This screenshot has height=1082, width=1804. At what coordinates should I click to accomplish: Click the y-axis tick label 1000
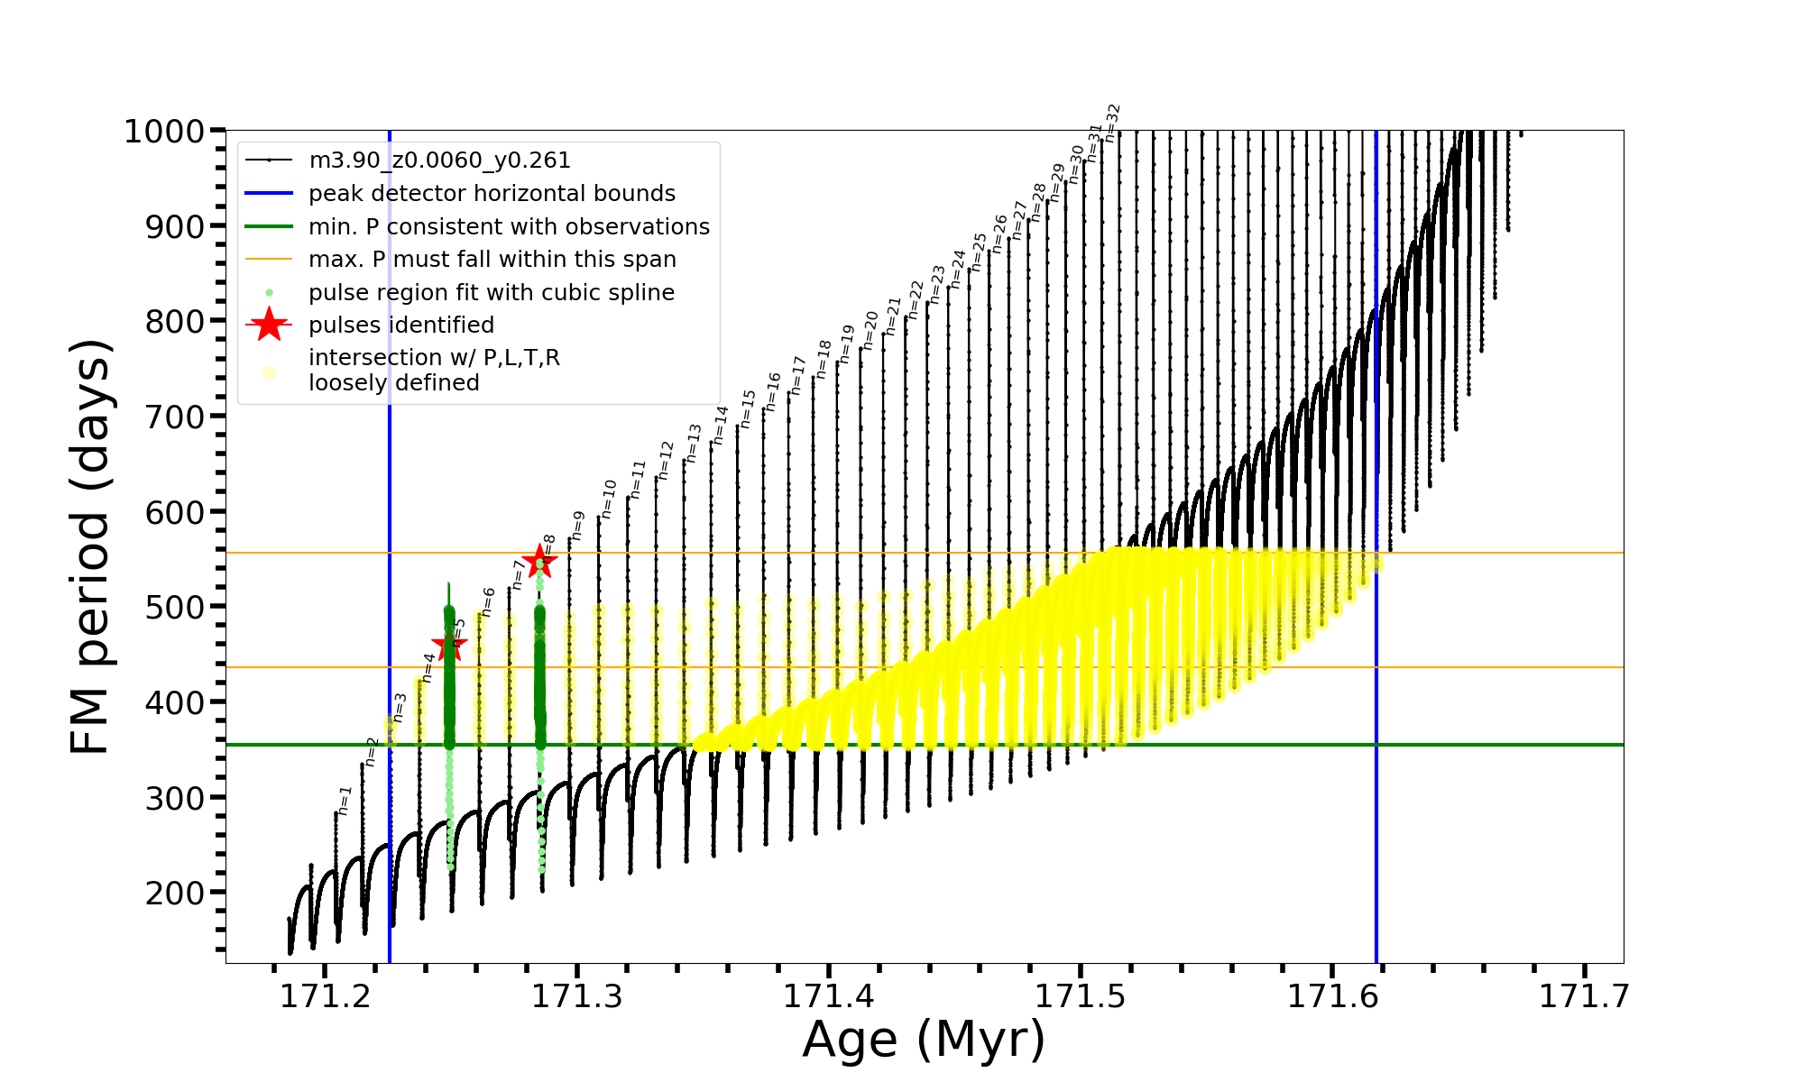(x=164, y=132)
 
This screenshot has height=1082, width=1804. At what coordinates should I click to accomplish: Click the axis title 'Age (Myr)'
(x=924, y=1040)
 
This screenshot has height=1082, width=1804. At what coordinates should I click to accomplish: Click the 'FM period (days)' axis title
(x=91, y=546)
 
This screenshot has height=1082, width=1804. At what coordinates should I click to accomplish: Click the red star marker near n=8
(x=539, y=562)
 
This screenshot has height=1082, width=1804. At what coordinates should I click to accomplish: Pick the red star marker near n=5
(x=449, y=645)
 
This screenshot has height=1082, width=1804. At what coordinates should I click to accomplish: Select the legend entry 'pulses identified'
(x=401, y=326)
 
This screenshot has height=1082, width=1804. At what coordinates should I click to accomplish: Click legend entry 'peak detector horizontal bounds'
(x=492, y=194)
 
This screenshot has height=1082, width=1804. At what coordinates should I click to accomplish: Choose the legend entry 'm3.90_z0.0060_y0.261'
(x=439, y=160)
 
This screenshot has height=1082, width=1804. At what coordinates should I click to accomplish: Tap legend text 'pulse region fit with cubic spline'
(x=492, y=293)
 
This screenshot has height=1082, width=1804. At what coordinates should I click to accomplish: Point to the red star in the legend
(x=269, y=325)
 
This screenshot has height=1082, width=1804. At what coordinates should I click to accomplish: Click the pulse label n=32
(x=1113, y=123)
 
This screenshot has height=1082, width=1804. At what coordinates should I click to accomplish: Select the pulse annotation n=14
(x=721, y=425)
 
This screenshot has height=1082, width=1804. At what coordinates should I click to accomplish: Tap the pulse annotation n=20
(x=870, y=331)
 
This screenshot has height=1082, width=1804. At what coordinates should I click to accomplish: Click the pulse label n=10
(x=609, y=499)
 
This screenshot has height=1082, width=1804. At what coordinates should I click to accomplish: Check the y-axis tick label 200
(x=175, y=893)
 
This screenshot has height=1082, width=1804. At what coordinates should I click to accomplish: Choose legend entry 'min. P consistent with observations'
(x=509, y=227)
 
